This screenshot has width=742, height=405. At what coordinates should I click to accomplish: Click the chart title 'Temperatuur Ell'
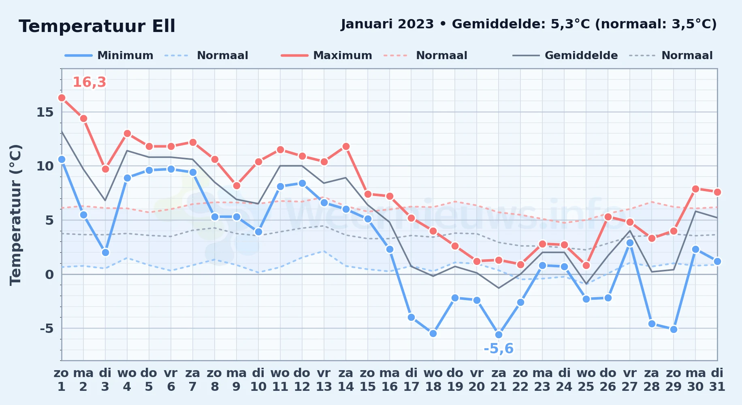click(x=97, y=26)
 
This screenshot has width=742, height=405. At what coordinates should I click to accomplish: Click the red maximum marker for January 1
click(x=62, y=98)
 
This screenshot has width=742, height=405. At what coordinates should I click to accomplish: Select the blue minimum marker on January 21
click(x=499, y=335)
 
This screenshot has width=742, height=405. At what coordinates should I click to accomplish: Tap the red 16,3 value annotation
click(x=89, y=82)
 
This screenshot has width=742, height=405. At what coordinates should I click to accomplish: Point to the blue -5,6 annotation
click(x=499, y=349)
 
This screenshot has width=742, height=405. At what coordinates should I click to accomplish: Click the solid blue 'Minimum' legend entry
click(x=109, y=55)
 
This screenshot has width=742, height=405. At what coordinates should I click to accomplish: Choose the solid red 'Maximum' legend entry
click(x=326, y=55)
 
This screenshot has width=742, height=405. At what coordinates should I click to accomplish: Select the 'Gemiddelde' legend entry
click(x=565, y=55)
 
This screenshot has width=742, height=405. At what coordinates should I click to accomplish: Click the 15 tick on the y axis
click(x=45, y=112)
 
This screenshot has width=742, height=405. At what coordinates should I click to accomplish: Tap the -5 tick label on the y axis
click(x=47, y=328)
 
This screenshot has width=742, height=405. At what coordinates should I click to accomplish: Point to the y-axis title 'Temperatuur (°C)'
click(x=15, y=215)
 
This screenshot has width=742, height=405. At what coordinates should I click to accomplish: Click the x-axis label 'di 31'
click(x=717, y=380)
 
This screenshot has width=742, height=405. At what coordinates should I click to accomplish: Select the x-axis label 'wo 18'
click(x=433, y=380)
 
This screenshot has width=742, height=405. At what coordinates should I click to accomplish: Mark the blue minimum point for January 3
click(x=105, y=252)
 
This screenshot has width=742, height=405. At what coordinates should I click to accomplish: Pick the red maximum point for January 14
click(x=346, y=146)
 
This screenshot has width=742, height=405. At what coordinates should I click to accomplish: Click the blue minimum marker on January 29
click(x=674, y=329)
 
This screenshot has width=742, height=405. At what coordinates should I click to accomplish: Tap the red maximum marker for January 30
click(x=695, y=189)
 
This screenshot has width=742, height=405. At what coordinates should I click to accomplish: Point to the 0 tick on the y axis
click(x=49, y=275)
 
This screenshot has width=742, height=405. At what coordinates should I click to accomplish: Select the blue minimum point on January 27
click(x=630, y=243)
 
